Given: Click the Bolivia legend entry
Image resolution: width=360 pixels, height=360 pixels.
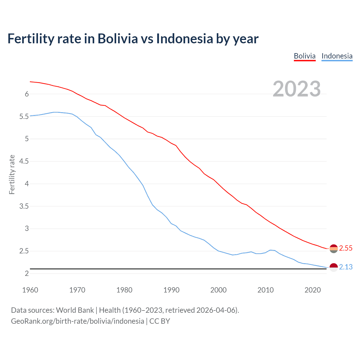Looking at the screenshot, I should coord(305,56).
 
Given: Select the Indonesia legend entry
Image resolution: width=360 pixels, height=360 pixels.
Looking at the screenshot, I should coord(337,56).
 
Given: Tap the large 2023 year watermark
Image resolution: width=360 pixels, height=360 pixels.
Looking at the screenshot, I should coord(296,89).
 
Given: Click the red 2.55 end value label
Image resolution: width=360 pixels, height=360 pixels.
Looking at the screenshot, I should coord(346,248).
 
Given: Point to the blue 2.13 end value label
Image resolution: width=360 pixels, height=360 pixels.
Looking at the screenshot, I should coord(346,267).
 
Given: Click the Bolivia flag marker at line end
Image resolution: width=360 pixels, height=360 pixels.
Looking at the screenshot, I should coord(334,249).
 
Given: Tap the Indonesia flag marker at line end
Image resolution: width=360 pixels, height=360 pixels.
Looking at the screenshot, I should coord(334,267).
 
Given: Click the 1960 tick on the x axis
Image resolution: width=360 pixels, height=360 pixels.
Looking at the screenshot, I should coord(30,290).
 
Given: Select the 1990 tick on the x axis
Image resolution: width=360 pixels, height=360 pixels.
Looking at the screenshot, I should coord(171,290).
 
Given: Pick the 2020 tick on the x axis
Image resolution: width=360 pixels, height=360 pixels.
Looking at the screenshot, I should coord(312,290).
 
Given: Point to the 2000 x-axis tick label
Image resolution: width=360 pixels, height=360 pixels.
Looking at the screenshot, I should coord(218,290).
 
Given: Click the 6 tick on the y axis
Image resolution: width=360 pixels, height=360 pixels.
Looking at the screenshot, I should coord(27,94).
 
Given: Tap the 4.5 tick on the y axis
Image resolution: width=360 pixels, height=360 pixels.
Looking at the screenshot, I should coord(24,161).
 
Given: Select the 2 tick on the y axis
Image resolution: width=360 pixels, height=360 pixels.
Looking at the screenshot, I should coord(27,273).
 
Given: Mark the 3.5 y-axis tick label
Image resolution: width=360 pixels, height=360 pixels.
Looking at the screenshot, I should coord(24,206).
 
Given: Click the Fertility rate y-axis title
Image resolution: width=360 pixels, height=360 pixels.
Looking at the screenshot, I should coord(12,174).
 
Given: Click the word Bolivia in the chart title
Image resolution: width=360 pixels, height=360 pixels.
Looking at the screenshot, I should coord(118,39).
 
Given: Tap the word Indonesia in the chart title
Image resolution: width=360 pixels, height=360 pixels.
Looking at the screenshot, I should coord(184,39).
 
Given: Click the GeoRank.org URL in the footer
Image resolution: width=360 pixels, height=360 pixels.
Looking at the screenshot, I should coord(77,321).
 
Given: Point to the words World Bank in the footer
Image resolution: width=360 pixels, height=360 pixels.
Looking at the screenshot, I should coord(75,310).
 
